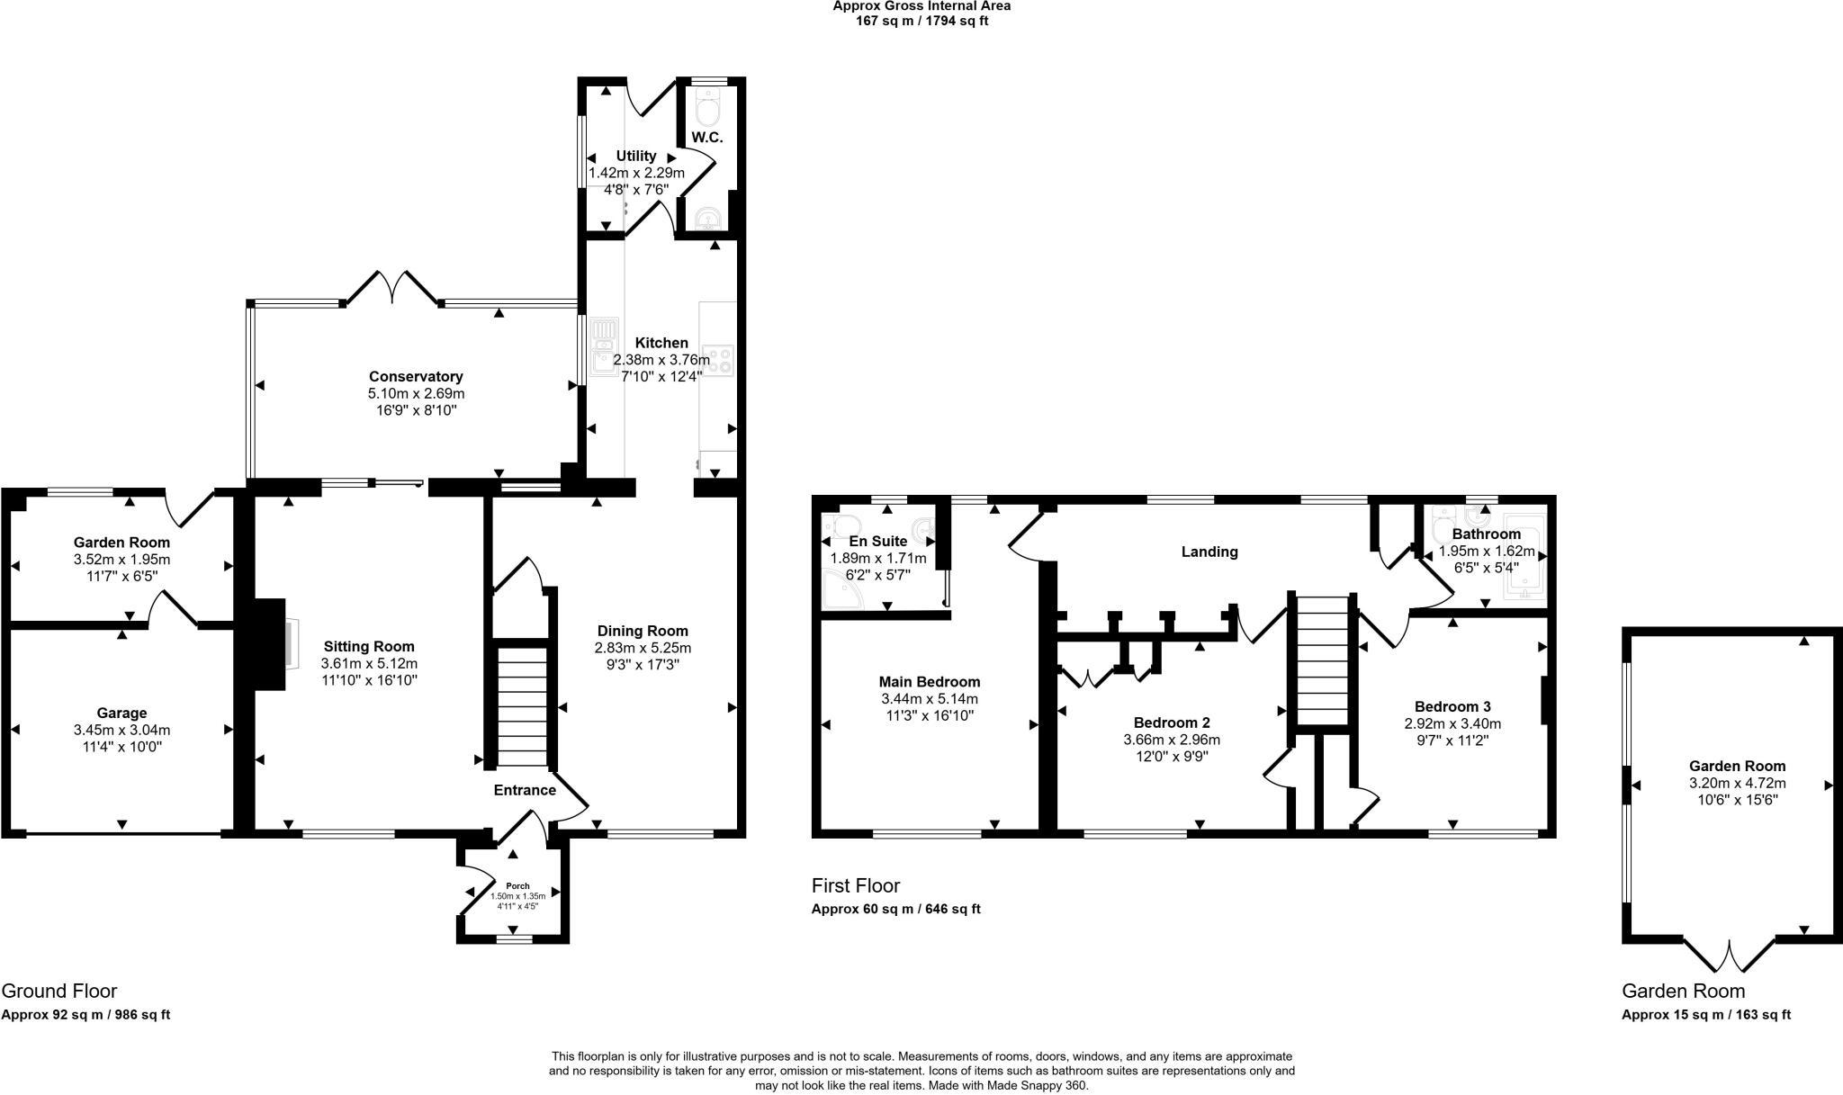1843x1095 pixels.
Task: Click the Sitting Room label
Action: tap(369, 646)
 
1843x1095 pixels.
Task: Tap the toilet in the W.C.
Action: tap(708, 112)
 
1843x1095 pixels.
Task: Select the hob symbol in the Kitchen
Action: tap(721, 360)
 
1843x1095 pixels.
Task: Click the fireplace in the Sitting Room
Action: tap(271, 645)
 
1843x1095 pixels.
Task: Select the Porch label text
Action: tap(517, 886)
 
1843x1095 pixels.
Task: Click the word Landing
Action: tap(1209, 552)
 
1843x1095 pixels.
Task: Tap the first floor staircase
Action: tap(1322, 661)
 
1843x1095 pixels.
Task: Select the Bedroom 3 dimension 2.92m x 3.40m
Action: tap(1452, 723)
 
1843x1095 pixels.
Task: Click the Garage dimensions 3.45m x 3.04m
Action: tap(121, 730)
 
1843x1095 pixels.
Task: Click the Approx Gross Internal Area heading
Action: tap(921, 6)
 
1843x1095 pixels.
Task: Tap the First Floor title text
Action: tap(855, 885)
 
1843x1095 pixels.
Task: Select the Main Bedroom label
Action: tap(930, 682)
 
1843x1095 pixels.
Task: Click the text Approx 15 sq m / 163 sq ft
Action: tap(1705, 1015)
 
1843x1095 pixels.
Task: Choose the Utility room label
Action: tap(636, 156)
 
